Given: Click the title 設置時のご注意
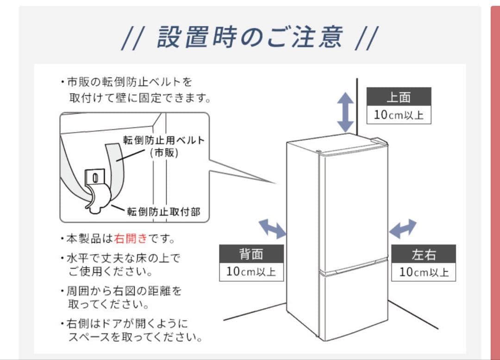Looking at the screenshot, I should pyautogui.click(x=250, y=37).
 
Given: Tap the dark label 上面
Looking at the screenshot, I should pyautogui.click(x=399, y=98).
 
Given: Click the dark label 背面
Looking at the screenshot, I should pyautogui.click(x=251, y=254).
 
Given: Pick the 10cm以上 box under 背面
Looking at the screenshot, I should pyautogui.click(x=251, y=272).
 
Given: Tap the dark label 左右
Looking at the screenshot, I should pyautogui.click(x=424, y=254).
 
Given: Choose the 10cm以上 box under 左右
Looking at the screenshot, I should pyautogui.click(x=424, y=272).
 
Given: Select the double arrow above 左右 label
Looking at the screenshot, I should pyautogui.click(x=402, y=229).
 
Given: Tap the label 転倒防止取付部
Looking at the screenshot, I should pyautogui.click(x=164, y=211).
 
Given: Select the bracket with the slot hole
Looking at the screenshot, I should pyautogui.click(x=95, y=177).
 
